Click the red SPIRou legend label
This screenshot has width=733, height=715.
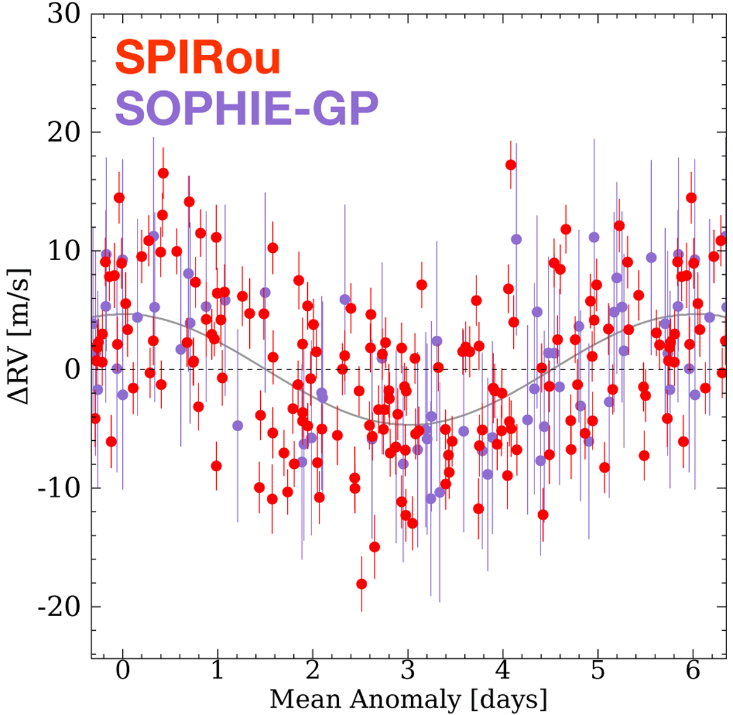[x=197, y=59]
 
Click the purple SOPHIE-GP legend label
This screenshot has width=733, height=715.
[x=247, y=109]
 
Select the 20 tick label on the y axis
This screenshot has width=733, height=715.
[x=64, y=132]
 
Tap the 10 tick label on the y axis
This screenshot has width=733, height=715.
[x=64, y=251]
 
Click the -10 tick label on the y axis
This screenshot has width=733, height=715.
[x=60, y=488]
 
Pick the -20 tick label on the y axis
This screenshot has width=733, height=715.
[x=60, y=607]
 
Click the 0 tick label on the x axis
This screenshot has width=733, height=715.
[x=123, y=671]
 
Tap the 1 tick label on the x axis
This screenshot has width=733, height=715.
[x=218, y=671]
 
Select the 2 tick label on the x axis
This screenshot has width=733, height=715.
[x=313, y=671]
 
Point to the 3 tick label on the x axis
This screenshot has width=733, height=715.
[x=408, y=671]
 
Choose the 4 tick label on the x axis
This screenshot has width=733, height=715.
[x=503, y=671]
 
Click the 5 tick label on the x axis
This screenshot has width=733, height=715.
[x=598, y=671]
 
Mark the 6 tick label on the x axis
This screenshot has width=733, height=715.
[x=693, y=671]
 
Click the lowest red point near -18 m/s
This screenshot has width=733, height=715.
[x=362, y=584]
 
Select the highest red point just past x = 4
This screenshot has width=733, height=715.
[x=511, y=165]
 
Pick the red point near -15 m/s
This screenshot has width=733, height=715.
[x=374, y=546]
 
